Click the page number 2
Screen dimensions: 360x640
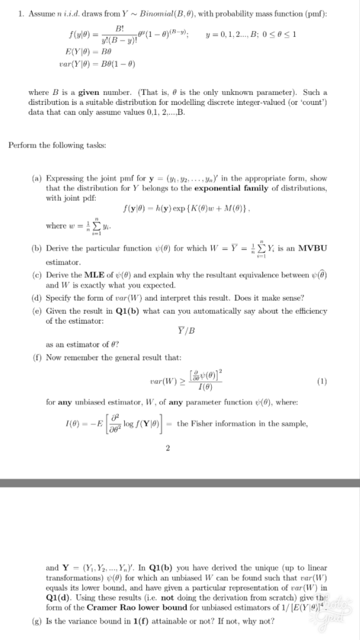[178, 464]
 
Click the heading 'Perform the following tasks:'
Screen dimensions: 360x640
[47, 145]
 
